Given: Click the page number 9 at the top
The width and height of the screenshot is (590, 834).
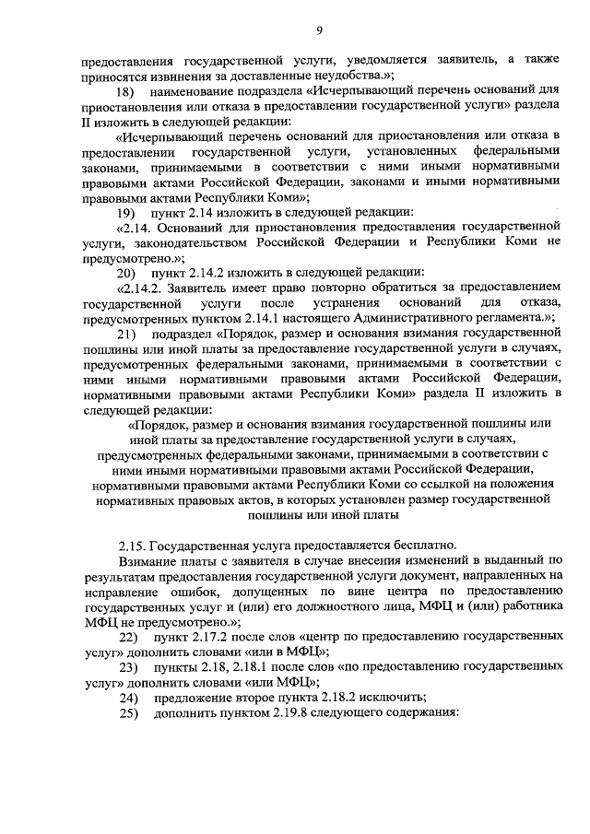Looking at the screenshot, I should pos(319,31).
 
